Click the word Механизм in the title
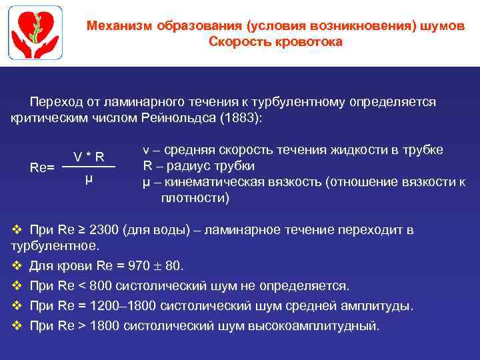pyautogui.click(x=121, y=26)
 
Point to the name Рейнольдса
pyautogui.click(x=179, y=118)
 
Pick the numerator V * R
pyautogui.click(x=89, y=157)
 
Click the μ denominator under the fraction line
pyautogui.click(x=89, y=178)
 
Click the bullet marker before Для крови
pyautogui.click(x=17, y=266)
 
